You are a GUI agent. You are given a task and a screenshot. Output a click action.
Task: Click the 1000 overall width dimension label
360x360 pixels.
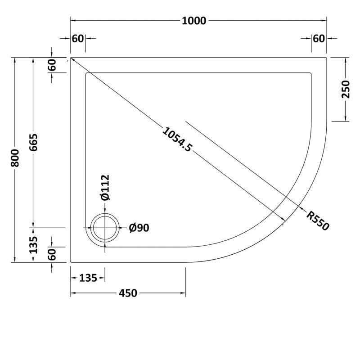click(x=194, y=21)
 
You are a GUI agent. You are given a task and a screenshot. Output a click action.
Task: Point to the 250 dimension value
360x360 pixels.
click(x=345, y=89)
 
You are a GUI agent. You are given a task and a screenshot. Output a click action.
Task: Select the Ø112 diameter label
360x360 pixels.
click(x=104, y=188)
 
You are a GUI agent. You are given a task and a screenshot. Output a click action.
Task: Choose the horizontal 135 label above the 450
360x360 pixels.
click(x=88, y=278)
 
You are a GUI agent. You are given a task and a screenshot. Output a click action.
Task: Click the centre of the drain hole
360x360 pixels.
click(x=105, y=229)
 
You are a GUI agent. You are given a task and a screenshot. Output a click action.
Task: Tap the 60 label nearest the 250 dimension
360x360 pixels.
click(x=319, y=39)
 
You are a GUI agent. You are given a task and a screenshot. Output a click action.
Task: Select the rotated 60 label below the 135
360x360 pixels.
click(x=52, y=255)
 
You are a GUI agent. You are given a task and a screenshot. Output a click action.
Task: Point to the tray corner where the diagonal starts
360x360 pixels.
click(x=71, y=58)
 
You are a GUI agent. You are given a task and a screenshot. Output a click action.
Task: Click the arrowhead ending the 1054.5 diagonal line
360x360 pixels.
click(x=283, y=219)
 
